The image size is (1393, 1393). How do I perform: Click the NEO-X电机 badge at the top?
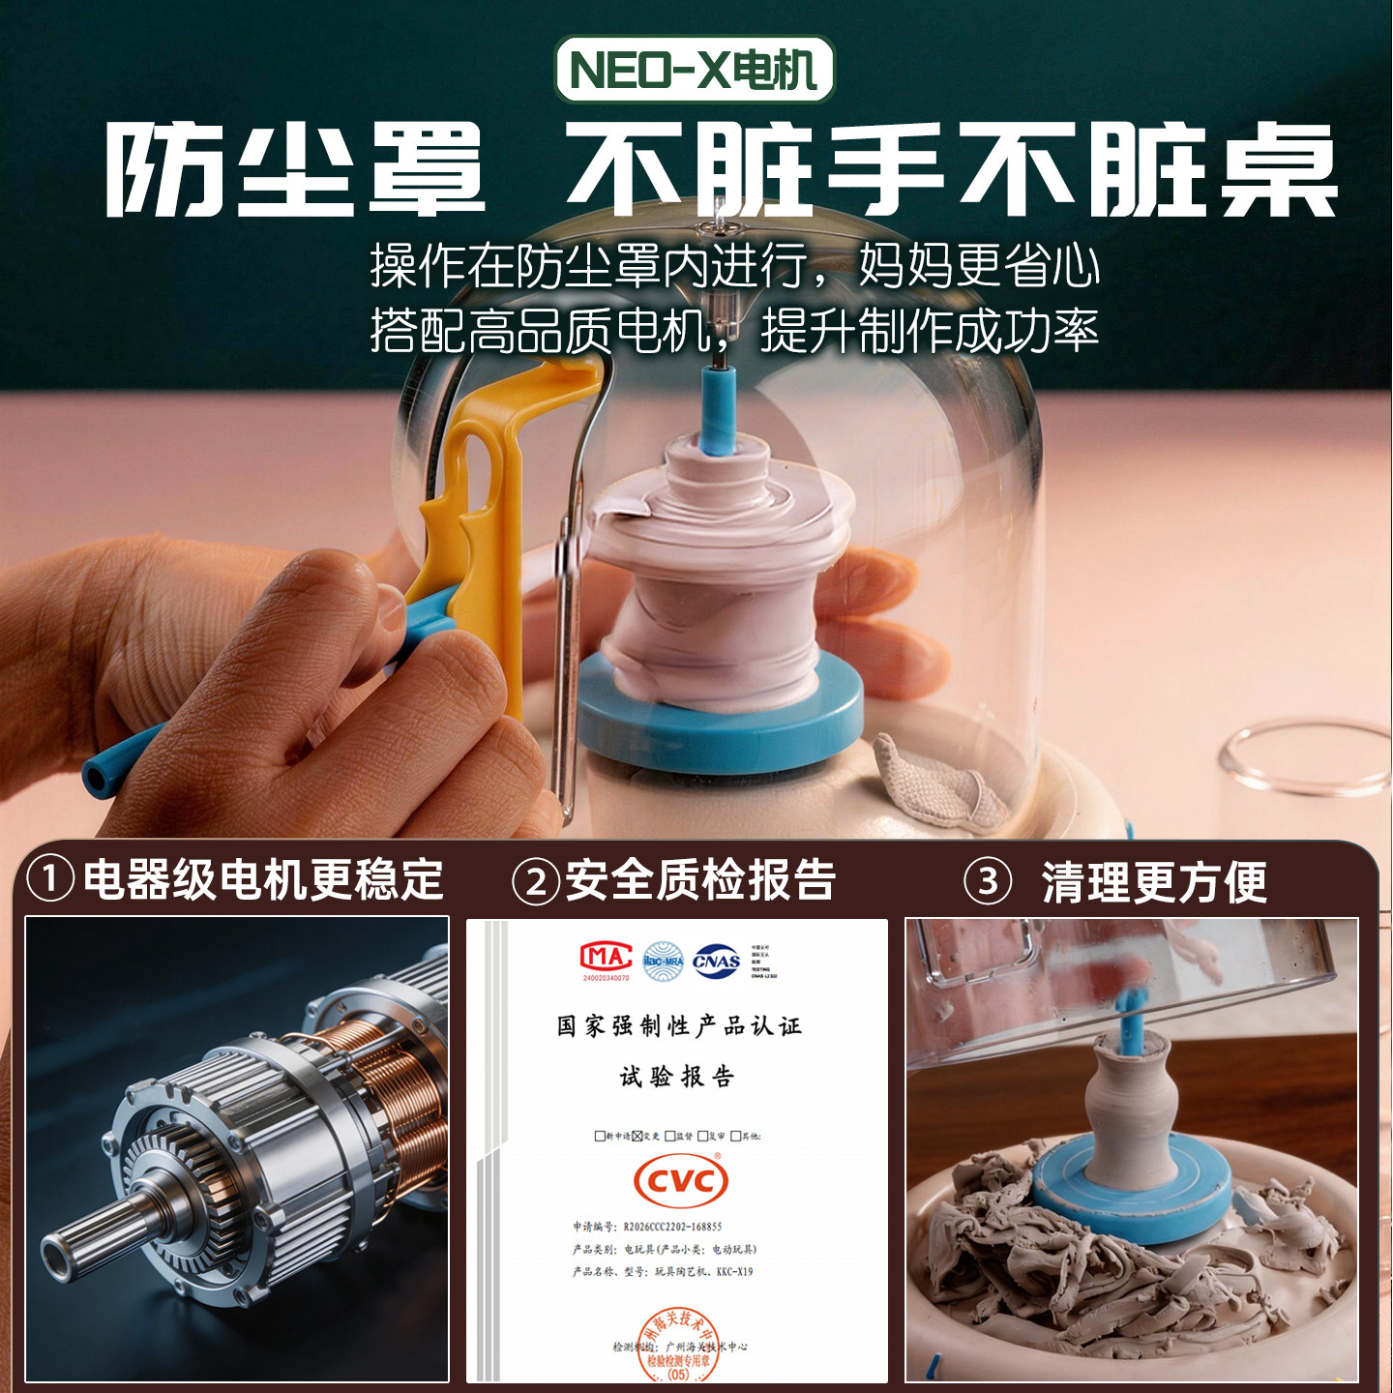point(694,70)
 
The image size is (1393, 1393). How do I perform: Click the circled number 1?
point(50,880)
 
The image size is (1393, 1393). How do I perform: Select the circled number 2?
point(536,881)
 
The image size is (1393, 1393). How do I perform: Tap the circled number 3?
point(988,881)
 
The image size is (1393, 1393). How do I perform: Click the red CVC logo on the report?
point(680,1180)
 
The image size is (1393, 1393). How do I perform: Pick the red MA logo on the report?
point(606,958)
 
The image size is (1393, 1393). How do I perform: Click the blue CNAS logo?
point(717,961)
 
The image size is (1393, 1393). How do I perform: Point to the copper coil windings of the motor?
point(387,1083)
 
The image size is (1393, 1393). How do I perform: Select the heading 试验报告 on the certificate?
point(677,1077)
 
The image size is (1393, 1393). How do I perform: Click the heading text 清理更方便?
point(1153,881)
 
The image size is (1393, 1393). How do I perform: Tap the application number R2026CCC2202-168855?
point(672,1227)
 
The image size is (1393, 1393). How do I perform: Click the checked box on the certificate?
point(637,1136)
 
